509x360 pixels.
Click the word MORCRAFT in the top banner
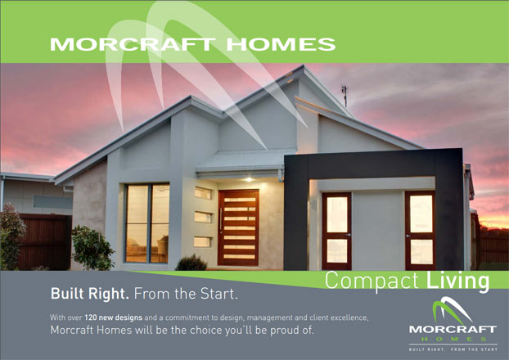[133, 44]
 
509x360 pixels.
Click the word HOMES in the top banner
[281, 44]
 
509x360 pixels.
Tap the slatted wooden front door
[239, 227]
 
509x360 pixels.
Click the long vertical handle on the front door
[221, 221]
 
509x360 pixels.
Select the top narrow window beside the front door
[203, 193]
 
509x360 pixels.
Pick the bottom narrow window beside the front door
[203, 242]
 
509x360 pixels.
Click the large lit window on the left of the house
[147, 223]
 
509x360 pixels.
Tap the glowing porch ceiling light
[249, 179]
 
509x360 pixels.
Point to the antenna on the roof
[345, 96]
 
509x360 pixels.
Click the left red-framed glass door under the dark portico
[337, 231]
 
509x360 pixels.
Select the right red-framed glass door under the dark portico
[420, 230]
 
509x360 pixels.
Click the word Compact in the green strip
[372, 281]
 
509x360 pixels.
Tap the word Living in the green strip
[457, 281]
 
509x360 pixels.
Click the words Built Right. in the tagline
[89, 294]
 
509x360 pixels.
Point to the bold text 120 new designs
[113, 317]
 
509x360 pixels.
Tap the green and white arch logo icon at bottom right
[453, 310]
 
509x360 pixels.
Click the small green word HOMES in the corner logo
[453, 340]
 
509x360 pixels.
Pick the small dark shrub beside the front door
[191, 263]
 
